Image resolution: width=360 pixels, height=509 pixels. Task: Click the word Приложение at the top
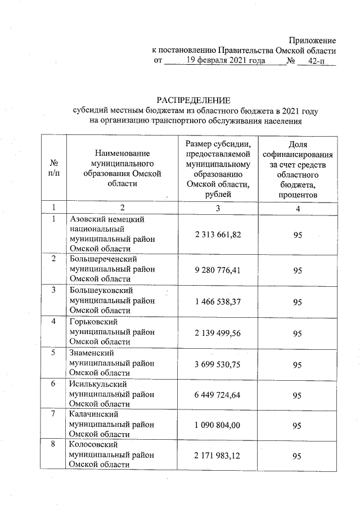312,40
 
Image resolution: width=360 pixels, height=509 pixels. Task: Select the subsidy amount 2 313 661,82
218,233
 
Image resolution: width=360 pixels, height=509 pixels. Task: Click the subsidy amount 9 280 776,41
218,271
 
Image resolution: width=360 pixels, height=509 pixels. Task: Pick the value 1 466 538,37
218,302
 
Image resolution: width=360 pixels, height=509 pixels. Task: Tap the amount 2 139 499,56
218,334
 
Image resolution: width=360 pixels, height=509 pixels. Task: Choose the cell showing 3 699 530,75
218,364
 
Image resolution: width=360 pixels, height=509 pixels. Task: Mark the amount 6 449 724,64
218,396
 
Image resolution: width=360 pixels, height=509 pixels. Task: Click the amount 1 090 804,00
218,427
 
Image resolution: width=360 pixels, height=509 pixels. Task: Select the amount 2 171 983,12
218,458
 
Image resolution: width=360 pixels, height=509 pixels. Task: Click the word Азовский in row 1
89,219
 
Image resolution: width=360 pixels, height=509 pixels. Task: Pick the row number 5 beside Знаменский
53,353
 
